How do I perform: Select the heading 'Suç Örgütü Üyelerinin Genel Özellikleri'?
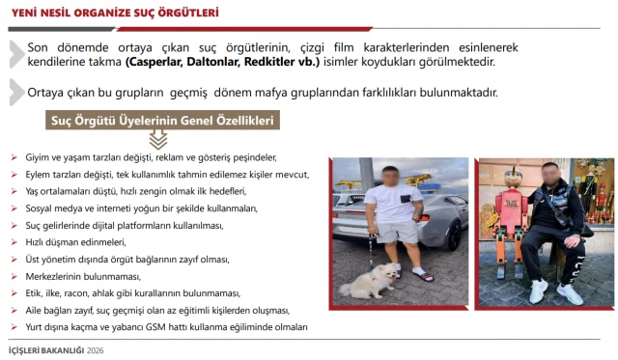(163, 121)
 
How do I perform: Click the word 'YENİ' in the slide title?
(25, 13)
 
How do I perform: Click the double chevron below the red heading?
(157, 140)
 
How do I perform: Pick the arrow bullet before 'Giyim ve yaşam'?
(14, 156)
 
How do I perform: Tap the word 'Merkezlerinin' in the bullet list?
(54, 276)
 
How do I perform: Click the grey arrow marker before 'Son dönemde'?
(15, 53)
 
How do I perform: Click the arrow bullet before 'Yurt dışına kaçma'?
(14, 327)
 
